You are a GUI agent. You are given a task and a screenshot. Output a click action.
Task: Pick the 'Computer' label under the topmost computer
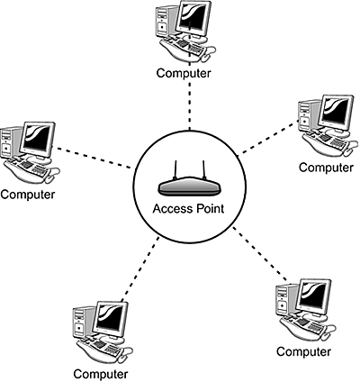184,73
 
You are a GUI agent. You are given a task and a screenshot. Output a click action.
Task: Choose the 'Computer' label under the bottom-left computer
100,372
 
